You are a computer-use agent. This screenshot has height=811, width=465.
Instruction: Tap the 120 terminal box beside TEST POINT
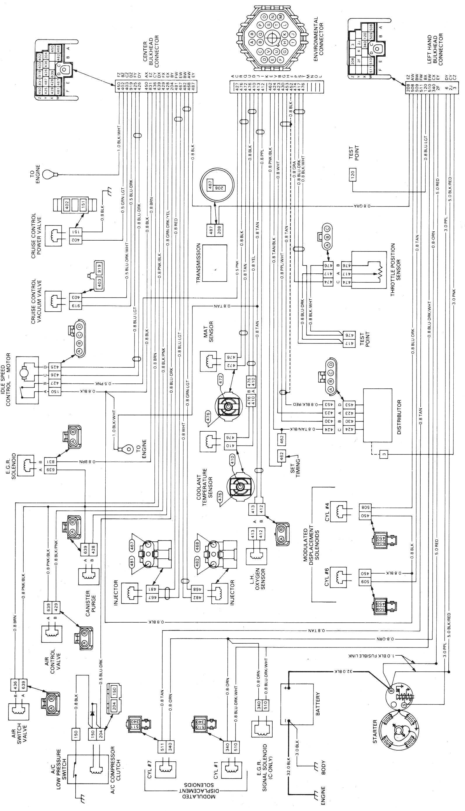click(352, 174)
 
